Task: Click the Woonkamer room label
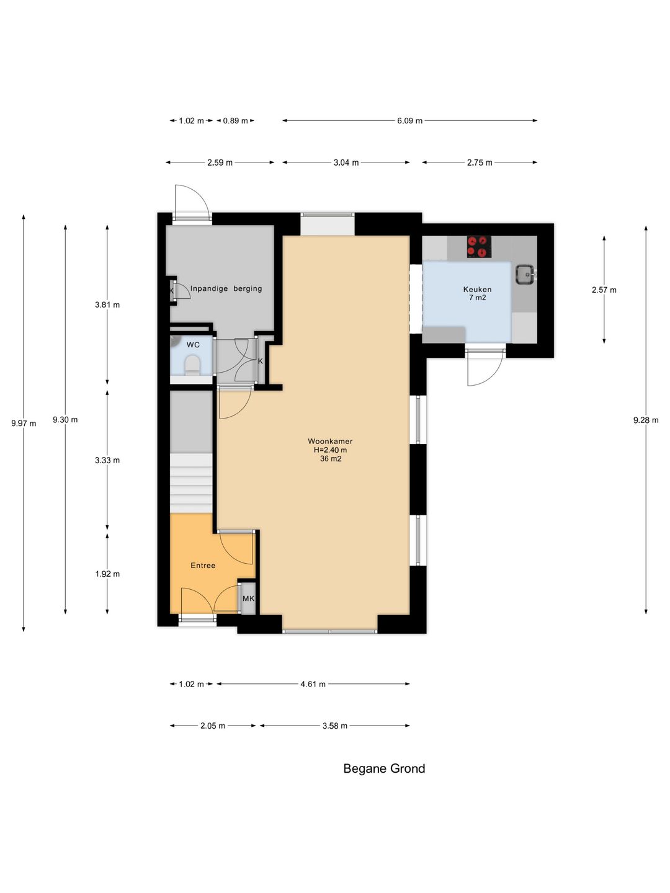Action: [x=330, y=441]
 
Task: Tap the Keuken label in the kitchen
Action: [x=477, y=289]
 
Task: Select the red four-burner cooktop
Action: [x=479, y=247]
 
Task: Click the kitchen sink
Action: [x=525, y=274]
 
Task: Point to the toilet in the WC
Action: [x=192, y=365]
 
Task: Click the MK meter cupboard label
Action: [x=248, y=598]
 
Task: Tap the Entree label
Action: [x=203, y=566]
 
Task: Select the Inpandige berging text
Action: [x=226, y=288]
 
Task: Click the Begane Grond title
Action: [x=384, y=768]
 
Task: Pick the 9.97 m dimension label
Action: [x=24, y=424]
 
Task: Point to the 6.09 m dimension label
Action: [x=409, y=121]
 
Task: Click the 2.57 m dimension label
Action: [x=604, y=290]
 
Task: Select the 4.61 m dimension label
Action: [x=313, y=684]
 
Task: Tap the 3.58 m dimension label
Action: [x=335, y=726]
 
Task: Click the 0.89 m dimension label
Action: [x=235, y=121]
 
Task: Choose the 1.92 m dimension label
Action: [x=107, y=574]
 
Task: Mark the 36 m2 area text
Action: [x=330, y=459]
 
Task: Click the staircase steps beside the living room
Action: [x=191, y=483]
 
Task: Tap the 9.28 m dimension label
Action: [x=646, y=420]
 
